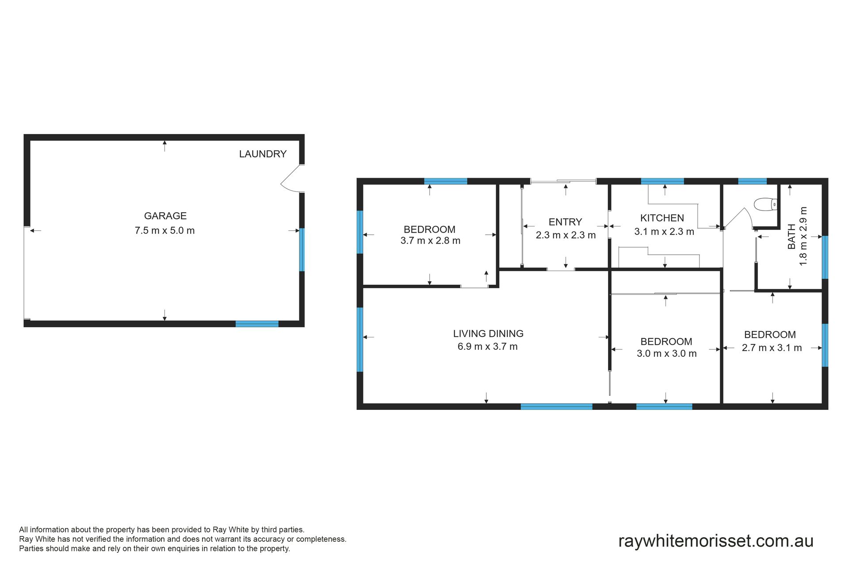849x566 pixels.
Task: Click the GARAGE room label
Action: click(x=165, y=216)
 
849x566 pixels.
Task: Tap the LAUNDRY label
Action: click(x=263, y=154)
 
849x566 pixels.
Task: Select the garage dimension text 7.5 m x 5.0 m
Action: click(x=165, y=230)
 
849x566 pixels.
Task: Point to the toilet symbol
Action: click(x=765, y=204)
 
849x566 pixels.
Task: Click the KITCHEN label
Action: click(x=662, y=218)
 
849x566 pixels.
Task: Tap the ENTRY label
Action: click(x=565, y=222)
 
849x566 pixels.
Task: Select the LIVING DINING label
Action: click(x=488, y=334)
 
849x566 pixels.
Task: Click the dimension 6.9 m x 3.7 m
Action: click(x=487, y=347)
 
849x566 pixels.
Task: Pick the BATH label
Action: click(x=792, y=236)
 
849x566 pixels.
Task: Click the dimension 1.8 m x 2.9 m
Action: click(x=803, y=236)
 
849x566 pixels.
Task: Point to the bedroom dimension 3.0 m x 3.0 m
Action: click(x=667, y=354)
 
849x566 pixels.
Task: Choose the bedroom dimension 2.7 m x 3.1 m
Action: click(x=772, y=348)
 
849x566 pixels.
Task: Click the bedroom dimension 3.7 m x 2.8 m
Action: click(x=430, y=241)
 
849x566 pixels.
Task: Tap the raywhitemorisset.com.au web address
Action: click(x=716, y=541)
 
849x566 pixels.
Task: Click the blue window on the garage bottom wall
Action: click(x=257, y=324)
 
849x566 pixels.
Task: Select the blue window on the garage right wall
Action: click(x=302, y=249)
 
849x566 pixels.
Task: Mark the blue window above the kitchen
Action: click(x=662, y=181)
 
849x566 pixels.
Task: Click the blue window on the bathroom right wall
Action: click(x=825, y=257)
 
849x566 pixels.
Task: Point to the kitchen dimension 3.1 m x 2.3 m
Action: click(x=664, y=232)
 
